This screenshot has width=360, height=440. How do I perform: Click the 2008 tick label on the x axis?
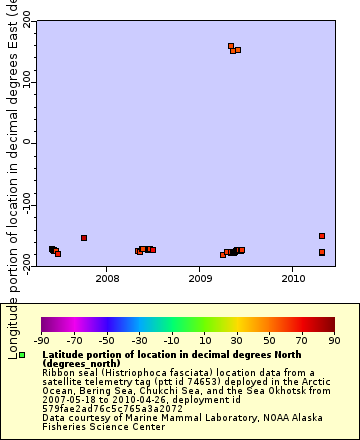coord(107,278)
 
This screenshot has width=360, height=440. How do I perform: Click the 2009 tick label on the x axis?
coord(200,278)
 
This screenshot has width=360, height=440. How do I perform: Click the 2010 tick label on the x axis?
coord(293,278)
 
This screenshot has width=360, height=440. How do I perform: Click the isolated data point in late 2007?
coord(84,238)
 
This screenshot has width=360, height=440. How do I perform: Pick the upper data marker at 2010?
coord(322,236)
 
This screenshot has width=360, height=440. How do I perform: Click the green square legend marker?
coord(22,356)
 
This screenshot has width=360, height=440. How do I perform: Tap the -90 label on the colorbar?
coord(42,340)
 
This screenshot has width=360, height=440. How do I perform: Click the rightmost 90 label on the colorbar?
coord(333,340)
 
